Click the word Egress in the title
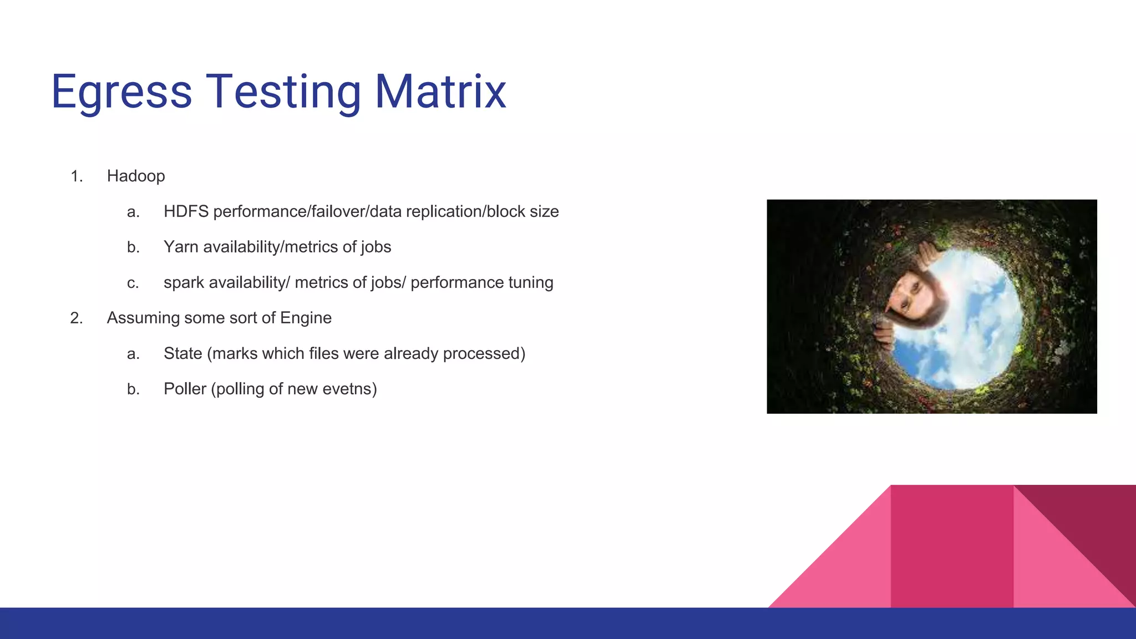pos(121,92)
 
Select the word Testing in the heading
pos(283,92)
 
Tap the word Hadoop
pos(136,176)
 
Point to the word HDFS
pos(186,212)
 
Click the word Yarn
pos(181,247)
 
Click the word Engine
pos(306,318)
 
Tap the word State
pos(182,354)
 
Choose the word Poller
pos(185,389)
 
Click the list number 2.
pos(76,318)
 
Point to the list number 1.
pos(76,176)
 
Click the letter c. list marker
pos(133,283)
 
